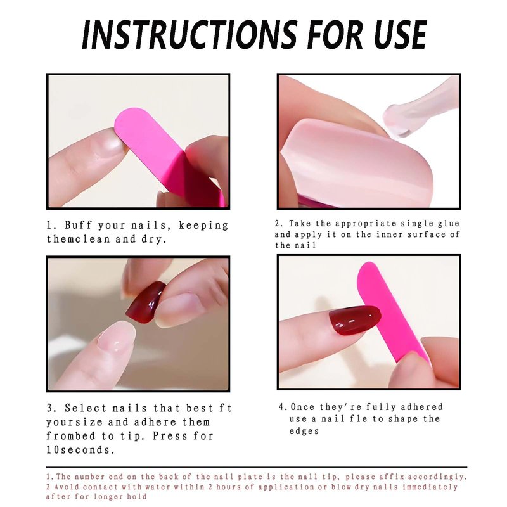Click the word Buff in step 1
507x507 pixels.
point(79,225)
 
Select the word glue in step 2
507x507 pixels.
point(449,224)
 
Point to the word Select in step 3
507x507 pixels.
point(86,408)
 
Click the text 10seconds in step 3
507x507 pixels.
point(80,450)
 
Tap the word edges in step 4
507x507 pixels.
point(304,432)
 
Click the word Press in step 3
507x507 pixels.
point(170,436)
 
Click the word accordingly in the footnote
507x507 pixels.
point(437,477)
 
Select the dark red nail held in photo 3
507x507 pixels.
point(146,302)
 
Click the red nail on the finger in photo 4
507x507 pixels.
point(355,320)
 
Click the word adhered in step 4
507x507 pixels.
point(423,407)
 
